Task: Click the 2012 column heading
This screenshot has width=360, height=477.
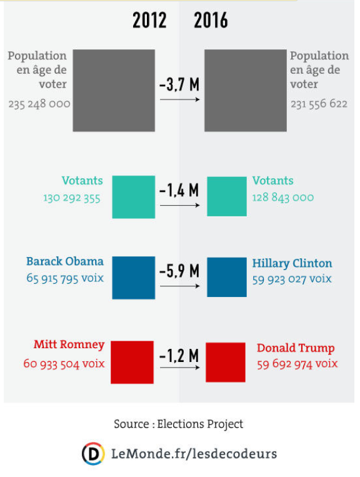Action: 149,21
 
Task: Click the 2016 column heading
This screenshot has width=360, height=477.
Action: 211,21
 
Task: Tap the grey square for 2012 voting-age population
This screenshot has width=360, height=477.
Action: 114,91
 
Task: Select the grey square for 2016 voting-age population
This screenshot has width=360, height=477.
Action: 246,91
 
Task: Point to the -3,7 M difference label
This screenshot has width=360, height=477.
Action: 179,84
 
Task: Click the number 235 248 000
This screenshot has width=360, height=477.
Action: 39,104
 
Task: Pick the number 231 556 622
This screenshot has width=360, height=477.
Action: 319,104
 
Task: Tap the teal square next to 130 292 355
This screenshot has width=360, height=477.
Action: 134,197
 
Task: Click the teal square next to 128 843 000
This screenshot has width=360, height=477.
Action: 227,196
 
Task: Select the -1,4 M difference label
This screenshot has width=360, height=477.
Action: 179,191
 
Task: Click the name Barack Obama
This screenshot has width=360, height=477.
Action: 65,261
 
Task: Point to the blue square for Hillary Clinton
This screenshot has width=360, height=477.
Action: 227,277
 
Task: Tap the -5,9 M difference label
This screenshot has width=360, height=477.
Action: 179,271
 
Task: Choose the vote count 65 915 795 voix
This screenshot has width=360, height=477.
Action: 65,278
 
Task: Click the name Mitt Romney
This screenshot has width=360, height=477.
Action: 69,344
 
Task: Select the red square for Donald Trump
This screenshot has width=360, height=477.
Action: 226,362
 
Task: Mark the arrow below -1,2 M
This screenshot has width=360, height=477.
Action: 180,368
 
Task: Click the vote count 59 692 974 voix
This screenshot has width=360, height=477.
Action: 297,364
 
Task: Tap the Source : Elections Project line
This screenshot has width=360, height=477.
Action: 179,424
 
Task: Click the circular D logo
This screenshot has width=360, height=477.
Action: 93,454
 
